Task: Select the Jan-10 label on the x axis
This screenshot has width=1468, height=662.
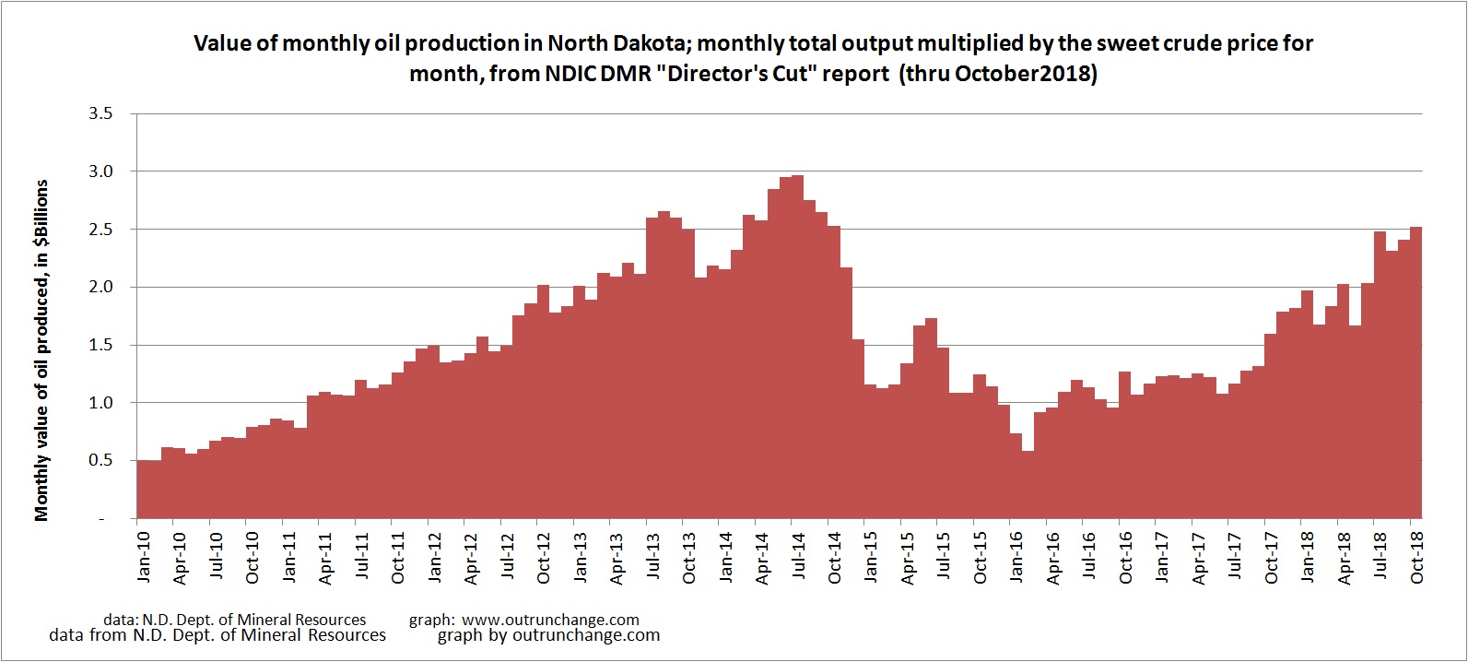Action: [x=143, y=558]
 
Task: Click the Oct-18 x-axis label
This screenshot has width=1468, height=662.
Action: [x=1417, y=558]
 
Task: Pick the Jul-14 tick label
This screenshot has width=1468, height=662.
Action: [x=798, y=558]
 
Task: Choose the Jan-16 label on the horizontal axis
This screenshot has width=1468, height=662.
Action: [x=1016, y=558]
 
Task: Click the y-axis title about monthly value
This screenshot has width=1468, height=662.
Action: [x=41, y=350]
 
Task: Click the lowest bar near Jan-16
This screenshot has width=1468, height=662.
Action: [x=1028, y=485]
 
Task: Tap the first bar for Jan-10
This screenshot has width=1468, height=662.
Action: [x=143, y=490]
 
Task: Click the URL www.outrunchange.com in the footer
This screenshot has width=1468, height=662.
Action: [x=550, y=620]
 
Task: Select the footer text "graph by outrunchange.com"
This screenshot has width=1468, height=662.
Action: [x=548, y=635]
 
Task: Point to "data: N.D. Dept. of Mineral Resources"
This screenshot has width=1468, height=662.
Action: [x=235, y=620]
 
